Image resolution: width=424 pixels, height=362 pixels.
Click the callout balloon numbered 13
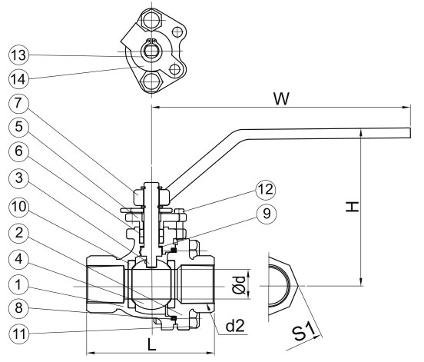18,55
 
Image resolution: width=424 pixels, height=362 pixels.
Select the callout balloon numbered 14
18,79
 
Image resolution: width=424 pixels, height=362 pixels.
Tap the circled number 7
18,103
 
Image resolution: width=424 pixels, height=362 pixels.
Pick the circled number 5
18,127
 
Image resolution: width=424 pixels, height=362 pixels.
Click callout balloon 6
18,151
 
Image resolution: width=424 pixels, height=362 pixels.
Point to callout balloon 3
18,178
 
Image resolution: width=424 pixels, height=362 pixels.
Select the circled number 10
18,208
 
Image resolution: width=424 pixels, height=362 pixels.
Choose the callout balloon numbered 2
18,233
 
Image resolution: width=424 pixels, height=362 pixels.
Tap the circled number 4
18,259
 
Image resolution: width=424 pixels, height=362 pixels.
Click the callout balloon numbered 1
18,285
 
